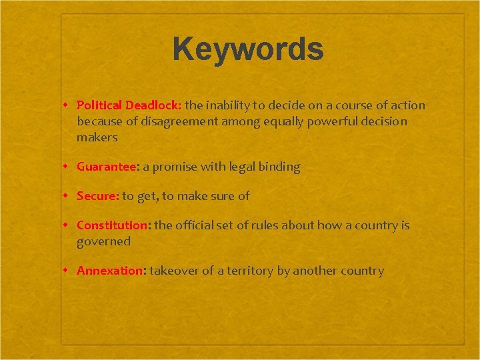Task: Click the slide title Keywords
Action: [x=248, y=50]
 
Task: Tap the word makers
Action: [x=97, y=137]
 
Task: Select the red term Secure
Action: [x=97, y=196]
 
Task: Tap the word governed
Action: [x=103, y=241]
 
